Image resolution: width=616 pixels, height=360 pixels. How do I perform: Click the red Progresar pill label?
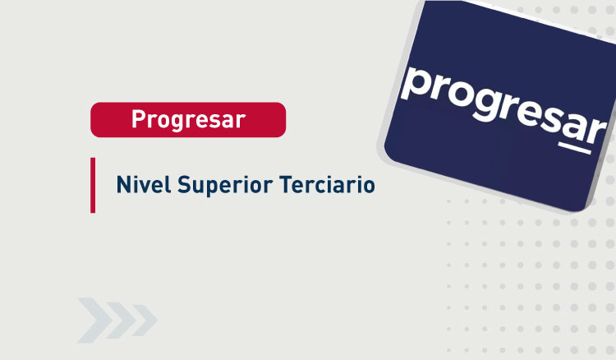[x=188, y=119]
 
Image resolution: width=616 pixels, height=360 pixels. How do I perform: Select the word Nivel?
[x=141, y=184]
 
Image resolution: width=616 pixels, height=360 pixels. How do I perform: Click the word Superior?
[x=216, y=186]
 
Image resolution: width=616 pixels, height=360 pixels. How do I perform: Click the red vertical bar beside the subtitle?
[x=93, y=185]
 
